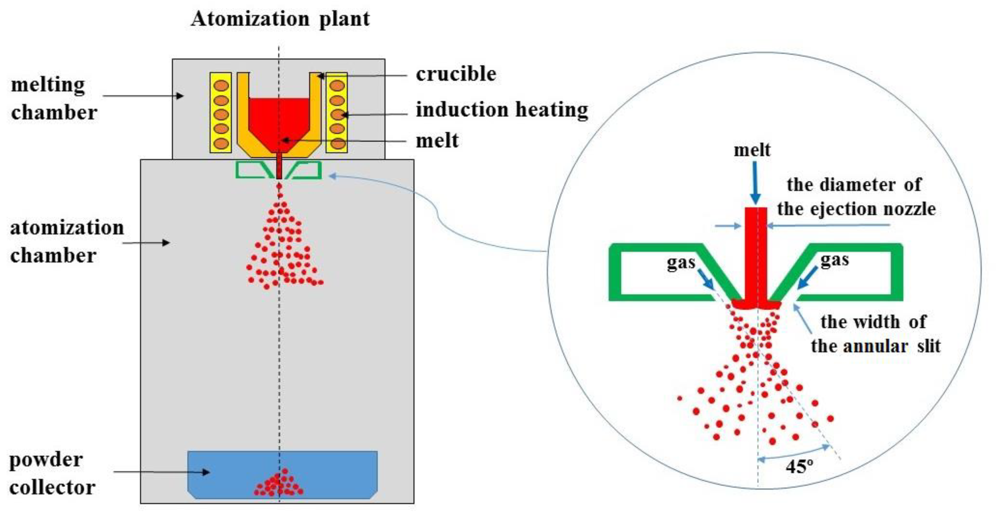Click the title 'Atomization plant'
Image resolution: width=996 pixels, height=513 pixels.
click(x=280, y=18)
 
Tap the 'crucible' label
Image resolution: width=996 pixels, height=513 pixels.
click(x=456, y=74)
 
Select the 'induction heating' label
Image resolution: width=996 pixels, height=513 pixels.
click(x=501, y=110)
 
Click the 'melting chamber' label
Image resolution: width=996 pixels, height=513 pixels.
click(x=53, y=99)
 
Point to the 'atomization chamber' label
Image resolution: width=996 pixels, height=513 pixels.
click(x=67, y=242)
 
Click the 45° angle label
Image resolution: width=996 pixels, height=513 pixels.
click(x=799, y=467)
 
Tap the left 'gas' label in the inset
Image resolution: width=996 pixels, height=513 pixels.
click(x=681, y=262)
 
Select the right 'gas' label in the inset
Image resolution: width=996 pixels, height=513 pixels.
click(x=834, y=259)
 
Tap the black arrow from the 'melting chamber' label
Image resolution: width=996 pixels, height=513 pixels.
click(x=143, y=96)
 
